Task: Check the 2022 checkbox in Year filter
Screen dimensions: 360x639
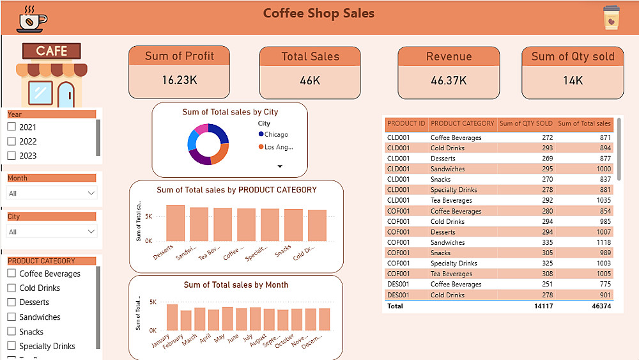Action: [x=11, y=141]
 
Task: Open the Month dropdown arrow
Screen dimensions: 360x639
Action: [x=91, y=193]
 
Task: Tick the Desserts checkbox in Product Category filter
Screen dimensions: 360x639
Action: [x=11, y=302]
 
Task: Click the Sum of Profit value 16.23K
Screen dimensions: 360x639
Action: [x=179, y=80]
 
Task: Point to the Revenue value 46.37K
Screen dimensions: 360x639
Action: [x=449, y=81]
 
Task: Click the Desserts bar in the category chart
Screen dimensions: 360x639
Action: [x=175, y=223]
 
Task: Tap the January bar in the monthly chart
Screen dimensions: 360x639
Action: [x=172, y=317]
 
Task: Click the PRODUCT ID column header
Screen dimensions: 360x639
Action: [x=406, y=123]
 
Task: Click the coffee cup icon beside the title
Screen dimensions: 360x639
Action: [x=31, y=19]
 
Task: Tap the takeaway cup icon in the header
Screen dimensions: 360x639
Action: [x=611, y=19]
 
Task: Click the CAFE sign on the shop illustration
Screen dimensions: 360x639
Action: [x=52, y=51]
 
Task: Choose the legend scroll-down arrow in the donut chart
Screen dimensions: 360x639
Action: [x=280, y=166]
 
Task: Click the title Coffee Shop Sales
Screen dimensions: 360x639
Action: [x=319, y=13]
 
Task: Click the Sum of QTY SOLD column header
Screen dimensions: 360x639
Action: [x=525, y=123]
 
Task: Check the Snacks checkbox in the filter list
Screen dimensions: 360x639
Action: [x=11, y=332]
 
